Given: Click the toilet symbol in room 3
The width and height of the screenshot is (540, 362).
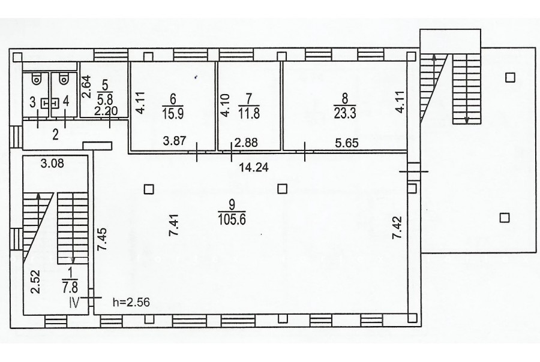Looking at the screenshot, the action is (36, 80).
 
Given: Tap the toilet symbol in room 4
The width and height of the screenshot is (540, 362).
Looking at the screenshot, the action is (64, 80).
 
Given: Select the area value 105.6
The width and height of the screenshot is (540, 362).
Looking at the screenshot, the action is (232, 219).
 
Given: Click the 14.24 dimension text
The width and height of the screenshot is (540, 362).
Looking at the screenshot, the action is (254, 168).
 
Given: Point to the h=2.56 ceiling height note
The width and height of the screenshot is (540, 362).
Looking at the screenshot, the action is (131, 303).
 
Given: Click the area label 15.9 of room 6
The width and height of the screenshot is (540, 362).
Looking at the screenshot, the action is (173, 113).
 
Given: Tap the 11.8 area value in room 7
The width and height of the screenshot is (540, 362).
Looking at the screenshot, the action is (249, 113).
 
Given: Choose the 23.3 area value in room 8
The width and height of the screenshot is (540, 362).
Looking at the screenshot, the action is (345, 113).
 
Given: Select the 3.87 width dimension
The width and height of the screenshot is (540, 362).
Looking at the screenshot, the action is (175, 141).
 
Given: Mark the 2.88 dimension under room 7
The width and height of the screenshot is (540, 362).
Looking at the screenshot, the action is (246, 143).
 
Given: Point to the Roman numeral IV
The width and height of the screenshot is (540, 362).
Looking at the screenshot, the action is (75, 303).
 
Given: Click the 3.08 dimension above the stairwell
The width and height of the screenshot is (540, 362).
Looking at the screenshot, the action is (52, 163).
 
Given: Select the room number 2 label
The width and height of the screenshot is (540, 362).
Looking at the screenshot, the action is (55, 135).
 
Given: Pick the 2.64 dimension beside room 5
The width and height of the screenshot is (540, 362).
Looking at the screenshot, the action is (86, 87).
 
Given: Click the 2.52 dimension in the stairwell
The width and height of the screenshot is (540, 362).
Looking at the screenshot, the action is (36, 282).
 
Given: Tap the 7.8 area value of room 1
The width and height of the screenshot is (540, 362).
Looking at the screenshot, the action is (70, 286).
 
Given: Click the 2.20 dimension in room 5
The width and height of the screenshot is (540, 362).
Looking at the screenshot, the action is (106, 111).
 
